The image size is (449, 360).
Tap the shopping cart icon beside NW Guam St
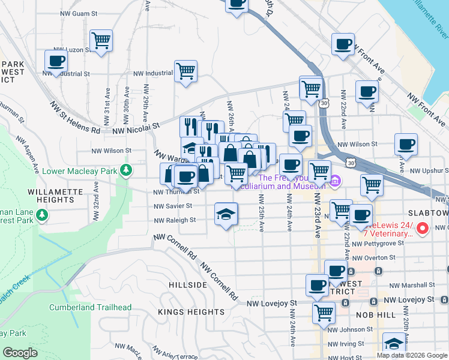point(101,41)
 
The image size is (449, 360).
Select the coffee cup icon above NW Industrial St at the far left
point(56,61)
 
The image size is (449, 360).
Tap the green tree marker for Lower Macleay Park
point(125,171)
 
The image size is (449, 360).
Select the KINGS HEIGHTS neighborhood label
point(191,312)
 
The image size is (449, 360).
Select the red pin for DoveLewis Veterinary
point(422,227)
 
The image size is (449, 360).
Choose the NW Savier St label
point(172,206)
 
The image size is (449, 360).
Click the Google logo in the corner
point(20,353)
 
